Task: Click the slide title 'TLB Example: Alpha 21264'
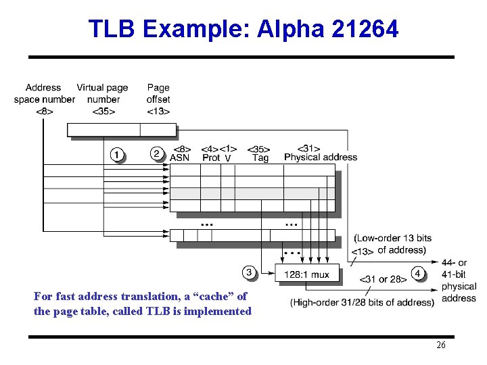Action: [243, 29]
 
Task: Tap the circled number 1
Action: [117, 155]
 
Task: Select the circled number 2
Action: [157, 153]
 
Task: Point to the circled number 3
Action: [250, 272]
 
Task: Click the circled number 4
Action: [419, 273]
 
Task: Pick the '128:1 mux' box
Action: [307, 274]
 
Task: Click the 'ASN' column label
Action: [179, 157]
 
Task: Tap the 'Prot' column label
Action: [211, 157]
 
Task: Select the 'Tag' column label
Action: [260, 158]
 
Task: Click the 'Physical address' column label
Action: [321, 157]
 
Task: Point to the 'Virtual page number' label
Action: [102, 93]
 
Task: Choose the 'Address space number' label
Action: [44, 93]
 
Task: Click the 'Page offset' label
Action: [158, 93]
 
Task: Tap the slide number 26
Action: [441, 345]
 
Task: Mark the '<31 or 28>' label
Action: [383, 279]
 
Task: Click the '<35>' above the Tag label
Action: [259, 149]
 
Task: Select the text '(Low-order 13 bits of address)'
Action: [392, 244]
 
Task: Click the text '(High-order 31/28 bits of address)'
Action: [362, 302]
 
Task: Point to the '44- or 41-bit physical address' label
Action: [459, 281]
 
